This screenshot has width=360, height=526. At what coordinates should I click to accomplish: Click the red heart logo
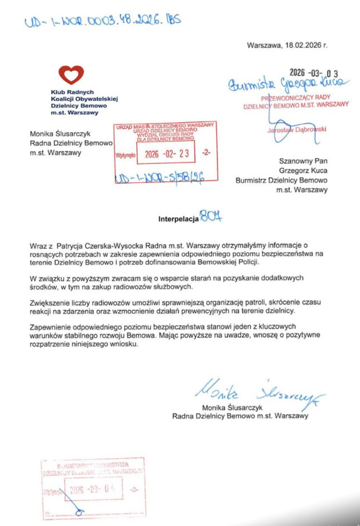[71, 75]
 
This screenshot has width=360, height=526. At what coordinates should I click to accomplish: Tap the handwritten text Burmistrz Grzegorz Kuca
[286, 83]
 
